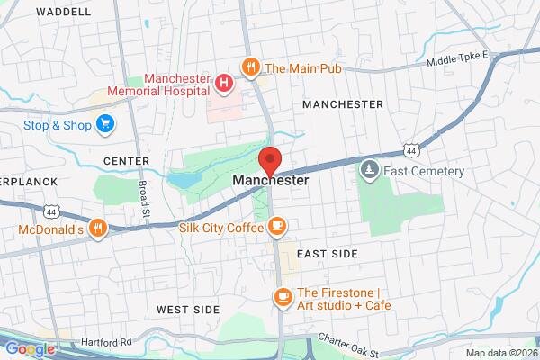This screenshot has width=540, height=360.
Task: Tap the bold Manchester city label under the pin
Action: (x=270, y=181)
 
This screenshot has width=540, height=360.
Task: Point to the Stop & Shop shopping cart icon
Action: (x=107, y=124)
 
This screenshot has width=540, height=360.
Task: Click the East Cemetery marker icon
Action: (x=369, y=170)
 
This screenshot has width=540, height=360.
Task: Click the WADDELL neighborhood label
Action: (x=64, y=13)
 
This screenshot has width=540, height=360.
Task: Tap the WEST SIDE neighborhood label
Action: (x=188, y=310)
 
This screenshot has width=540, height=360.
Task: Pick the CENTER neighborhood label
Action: (x=126, y=161)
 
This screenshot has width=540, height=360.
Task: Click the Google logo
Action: (x=30, y=349)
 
